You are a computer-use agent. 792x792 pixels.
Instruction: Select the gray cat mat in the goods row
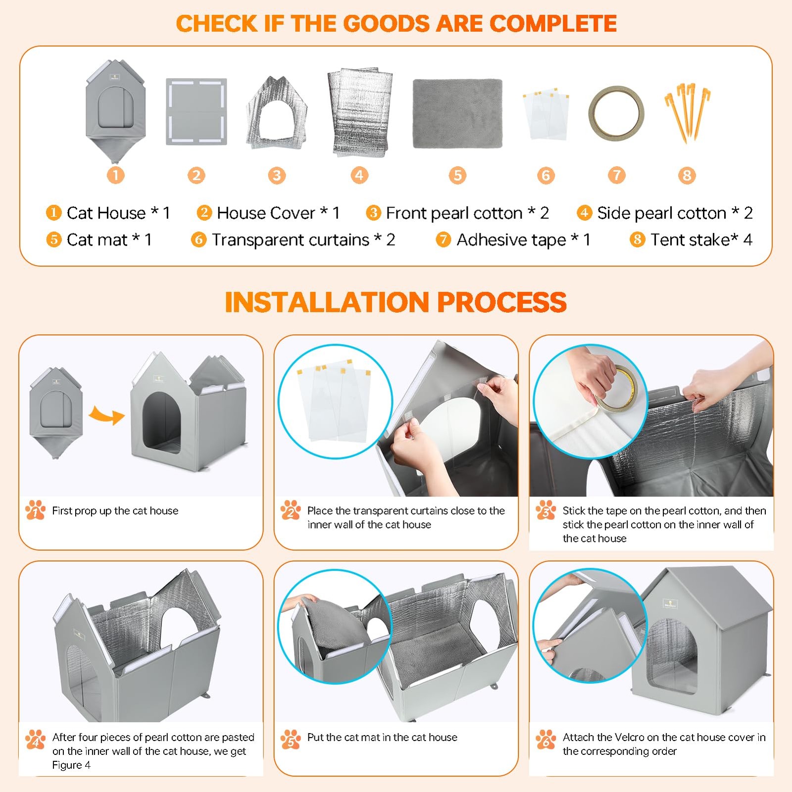click(457, 113)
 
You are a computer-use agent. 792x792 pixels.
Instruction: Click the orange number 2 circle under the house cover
click(197, 175)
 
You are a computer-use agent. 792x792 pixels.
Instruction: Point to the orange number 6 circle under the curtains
click(545, 175)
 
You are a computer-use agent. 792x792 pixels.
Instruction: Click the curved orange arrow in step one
click(107, 415)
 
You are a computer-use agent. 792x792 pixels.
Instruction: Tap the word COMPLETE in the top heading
click(553, 23)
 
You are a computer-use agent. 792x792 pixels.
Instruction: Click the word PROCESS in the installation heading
click(501, 302)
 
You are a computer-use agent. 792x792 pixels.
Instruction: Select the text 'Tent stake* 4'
click(701, 240)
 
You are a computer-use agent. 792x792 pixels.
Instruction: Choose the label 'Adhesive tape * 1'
click(523, 240)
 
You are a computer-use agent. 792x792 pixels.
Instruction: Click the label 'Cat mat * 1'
click(109, 240)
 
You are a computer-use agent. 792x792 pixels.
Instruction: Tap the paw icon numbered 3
click(545, 510)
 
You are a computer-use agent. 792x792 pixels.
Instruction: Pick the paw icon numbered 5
click(291, 739)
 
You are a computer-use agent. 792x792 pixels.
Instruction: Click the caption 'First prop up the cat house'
click(115, 511)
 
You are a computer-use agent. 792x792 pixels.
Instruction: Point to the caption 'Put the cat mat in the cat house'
click(382, 738)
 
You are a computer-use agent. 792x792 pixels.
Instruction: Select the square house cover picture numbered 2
click(196, 111)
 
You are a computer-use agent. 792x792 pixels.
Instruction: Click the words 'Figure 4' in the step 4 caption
click(71, 765)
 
